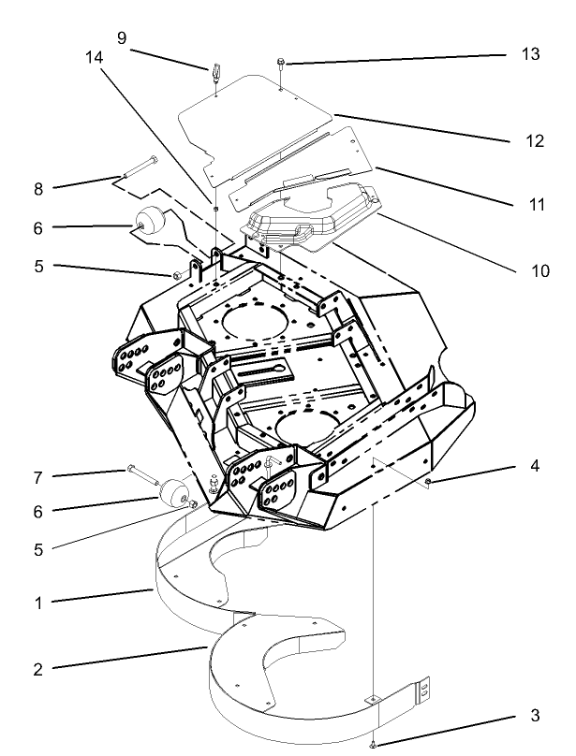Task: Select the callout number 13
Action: (530, 54)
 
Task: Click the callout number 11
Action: (535, 203)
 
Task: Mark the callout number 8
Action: (38, 188)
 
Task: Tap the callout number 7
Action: (38, 477)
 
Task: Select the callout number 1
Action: (38, 603)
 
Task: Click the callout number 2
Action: (38, 669)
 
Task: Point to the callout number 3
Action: (535, 716)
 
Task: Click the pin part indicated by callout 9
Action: (214, 72)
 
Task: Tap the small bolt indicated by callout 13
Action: (281, 64)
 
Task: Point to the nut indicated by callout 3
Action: (374, 744)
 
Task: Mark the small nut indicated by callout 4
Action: (428, 482)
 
